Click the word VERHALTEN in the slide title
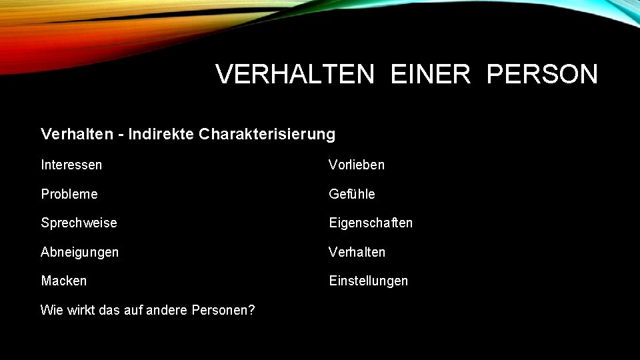coord(295,75)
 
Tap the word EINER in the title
coord(431,75)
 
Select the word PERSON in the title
coord(542,75)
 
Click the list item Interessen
coord(71,164)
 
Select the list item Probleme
coord(69,194)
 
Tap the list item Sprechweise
coord(79,223)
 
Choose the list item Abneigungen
coord(80,252)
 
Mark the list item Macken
coord(64,281)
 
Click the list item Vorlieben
coord(357,164)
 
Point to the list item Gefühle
coord(352,194)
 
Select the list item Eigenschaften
coord(371,223)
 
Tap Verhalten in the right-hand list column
coord(357,252)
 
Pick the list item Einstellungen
coord(369,281)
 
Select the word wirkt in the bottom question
coord(79,310)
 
